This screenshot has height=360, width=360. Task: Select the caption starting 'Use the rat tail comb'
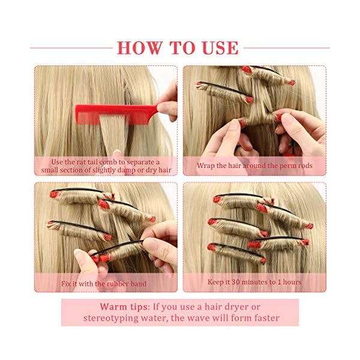(x=106, y=166)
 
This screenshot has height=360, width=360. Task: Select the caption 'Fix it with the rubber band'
(x=104, y=283)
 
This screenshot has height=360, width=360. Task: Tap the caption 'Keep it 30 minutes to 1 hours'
(x=254, y=282)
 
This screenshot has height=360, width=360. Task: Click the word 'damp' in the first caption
(x=133, y=170)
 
